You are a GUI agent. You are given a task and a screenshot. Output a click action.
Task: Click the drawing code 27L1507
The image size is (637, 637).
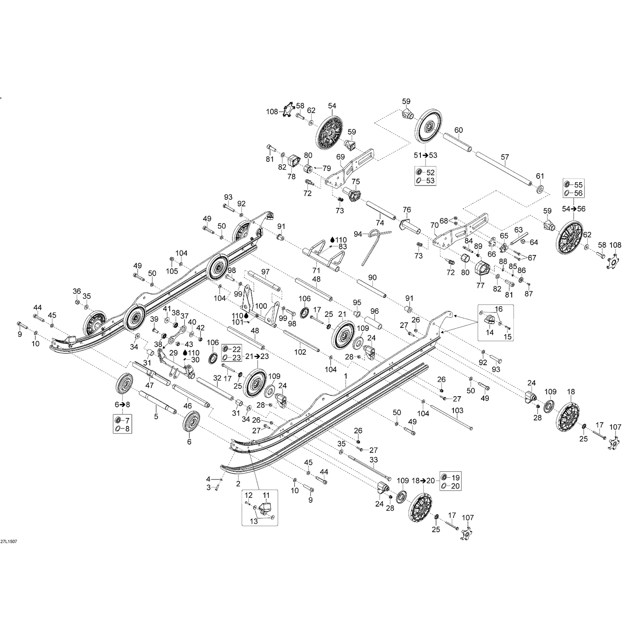[x=8, y=541]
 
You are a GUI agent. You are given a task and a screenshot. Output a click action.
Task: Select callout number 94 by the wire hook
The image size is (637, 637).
[x=358, y=234]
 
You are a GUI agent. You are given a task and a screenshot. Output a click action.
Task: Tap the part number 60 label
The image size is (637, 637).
[x=458, y=130]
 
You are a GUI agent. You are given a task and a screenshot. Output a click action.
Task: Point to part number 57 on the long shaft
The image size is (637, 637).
[x=505, y=158]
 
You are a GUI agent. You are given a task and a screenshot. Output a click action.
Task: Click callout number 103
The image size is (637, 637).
[x=457, y=411]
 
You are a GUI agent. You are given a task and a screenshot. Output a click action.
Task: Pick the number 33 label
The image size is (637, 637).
[x=373, y=460]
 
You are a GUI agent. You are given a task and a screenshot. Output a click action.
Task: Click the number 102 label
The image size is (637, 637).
[x=300, y=352]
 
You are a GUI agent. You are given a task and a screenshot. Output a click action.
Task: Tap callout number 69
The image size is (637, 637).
[x=340, y=157]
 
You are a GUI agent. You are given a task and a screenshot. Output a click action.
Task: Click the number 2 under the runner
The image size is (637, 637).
[x=238, y=483]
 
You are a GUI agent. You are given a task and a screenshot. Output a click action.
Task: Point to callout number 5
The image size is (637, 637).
[x=156, y=417]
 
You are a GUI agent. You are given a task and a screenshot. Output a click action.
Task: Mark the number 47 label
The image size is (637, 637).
[x=149, y=385]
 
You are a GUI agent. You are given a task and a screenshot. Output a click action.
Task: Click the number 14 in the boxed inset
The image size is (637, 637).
[x=490, y=333]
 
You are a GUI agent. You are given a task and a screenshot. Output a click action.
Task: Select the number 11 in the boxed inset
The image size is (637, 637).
[x=266, y=496]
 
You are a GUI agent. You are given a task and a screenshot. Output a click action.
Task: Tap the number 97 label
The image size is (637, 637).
[x=265, y=272]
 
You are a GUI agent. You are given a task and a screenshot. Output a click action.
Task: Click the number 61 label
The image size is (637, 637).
[x=540, y=176]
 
